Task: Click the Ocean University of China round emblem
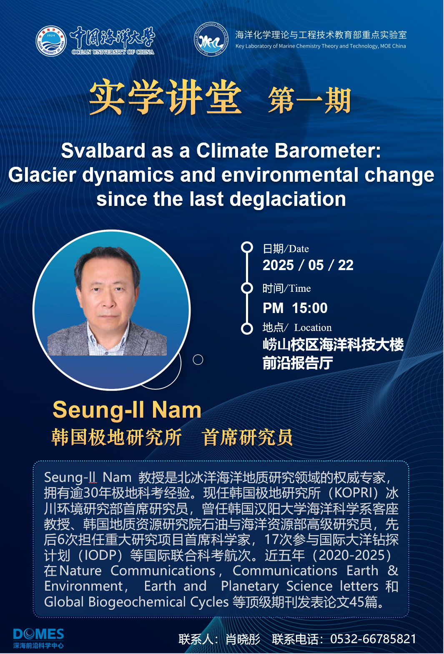pyautogui.click(x=51, y=41)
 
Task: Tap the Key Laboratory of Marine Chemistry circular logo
pyautogui.click(x=211, y=39)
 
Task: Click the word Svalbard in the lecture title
pyautogui.click(x=103, y=150)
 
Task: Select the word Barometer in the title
pyautogui.click(x=328, y=150)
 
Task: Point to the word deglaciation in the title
pyautogui.click(x=288, y=199)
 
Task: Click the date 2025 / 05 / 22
pyautogui.click(x=308, y=265)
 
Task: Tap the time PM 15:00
pyautogui.click(x=295, y=308)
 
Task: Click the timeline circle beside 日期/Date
pyautogui.click(x=247, y=247)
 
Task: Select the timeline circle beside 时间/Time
pyautogui.click(x=247, y=288)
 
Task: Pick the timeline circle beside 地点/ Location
pyautogui.click(x=247, y=328)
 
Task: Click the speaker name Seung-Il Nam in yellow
pyautogui.click(x=127, y=410)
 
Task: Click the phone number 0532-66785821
pyautogui.click(x=373, y=639)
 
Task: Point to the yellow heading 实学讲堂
pyautogui.click(x=166, y=97)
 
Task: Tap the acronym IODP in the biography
pyautogui.click(x=101, y=555)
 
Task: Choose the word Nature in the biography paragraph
pyautogui.click(x=80, y=571)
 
